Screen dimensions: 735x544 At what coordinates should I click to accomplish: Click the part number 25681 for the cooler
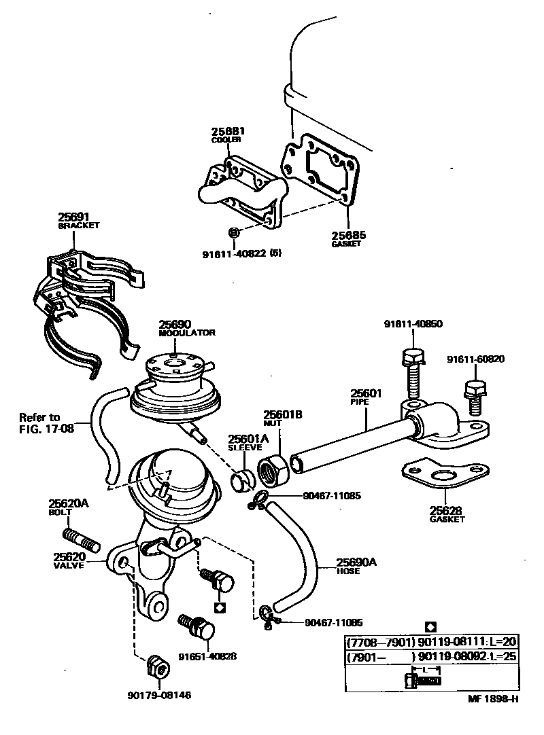click(x=227, y=131)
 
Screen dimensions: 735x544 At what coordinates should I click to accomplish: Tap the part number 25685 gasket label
click(x=349, y=235)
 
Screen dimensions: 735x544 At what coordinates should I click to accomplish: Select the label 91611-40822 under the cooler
click(x=233, y=254)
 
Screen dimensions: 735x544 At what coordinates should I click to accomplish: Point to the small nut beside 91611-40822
click(x=233, y=234)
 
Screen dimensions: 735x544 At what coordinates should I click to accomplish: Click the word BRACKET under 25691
click(x=78, y=225)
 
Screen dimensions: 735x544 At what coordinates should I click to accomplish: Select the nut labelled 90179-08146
click(x=159, y=668)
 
